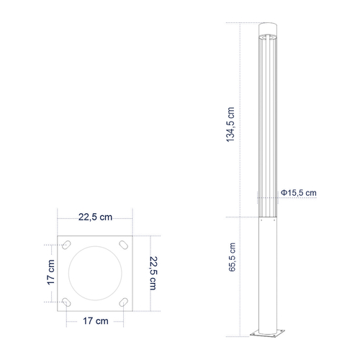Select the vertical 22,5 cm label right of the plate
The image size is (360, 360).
tap(153, 272)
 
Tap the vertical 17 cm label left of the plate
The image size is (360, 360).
tap(50, 272)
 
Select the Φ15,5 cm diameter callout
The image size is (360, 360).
tap(299, 193)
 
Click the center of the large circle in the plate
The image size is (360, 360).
tap(96, 272)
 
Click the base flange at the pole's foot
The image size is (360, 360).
tap(267, 333)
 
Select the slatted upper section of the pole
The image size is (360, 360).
tap(267, 122)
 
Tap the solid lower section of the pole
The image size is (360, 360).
tap(267, 274)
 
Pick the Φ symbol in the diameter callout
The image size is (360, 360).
tap(284, 193)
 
